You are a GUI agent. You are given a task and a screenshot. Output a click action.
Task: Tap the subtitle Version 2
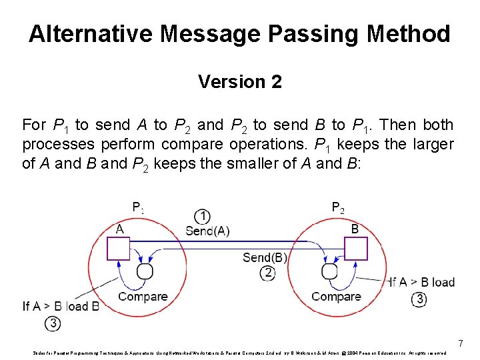[x=239, y=82]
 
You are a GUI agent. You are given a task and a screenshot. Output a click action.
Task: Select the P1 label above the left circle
[x=138, y=207]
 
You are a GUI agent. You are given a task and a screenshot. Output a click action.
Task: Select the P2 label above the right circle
[x=338, y=207]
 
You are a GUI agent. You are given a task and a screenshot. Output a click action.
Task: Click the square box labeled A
[x=119, y=249]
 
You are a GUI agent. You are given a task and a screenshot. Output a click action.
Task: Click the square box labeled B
[x=355, y=249]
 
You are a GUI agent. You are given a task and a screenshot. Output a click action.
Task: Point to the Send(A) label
[x=207, y=231]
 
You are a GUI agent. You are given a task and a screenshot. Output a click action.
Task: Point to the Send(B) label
[x=265, y=257]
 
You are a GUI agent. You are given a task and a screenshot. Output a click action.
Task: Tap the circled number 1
[x=203, y=216]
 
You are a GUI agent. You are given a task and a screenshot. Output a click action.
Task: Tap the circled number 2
[x=268, y=272]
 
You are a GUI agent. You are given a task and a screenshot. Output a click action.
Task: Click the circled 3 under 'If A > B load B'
[x=53, y=323]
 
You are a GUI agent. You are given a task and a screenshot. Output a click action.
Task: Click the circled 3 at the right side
[x=419, y=299]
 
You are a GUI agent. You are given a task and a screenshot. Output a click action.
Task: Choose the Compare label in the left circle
[x=143, y=297]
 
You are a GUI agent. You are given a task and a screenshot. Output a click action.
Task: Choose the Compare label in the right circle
[x=336, y=297]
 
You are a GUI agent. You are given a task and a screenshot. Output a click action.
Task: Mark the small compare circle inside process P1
[x=145, y=271]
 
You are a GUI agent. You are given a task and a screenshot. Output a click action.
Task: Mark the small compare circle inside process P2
[x=329, y=271]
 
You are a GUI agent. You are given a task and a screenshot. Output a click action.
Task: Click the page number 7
[x=460, y=344]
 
